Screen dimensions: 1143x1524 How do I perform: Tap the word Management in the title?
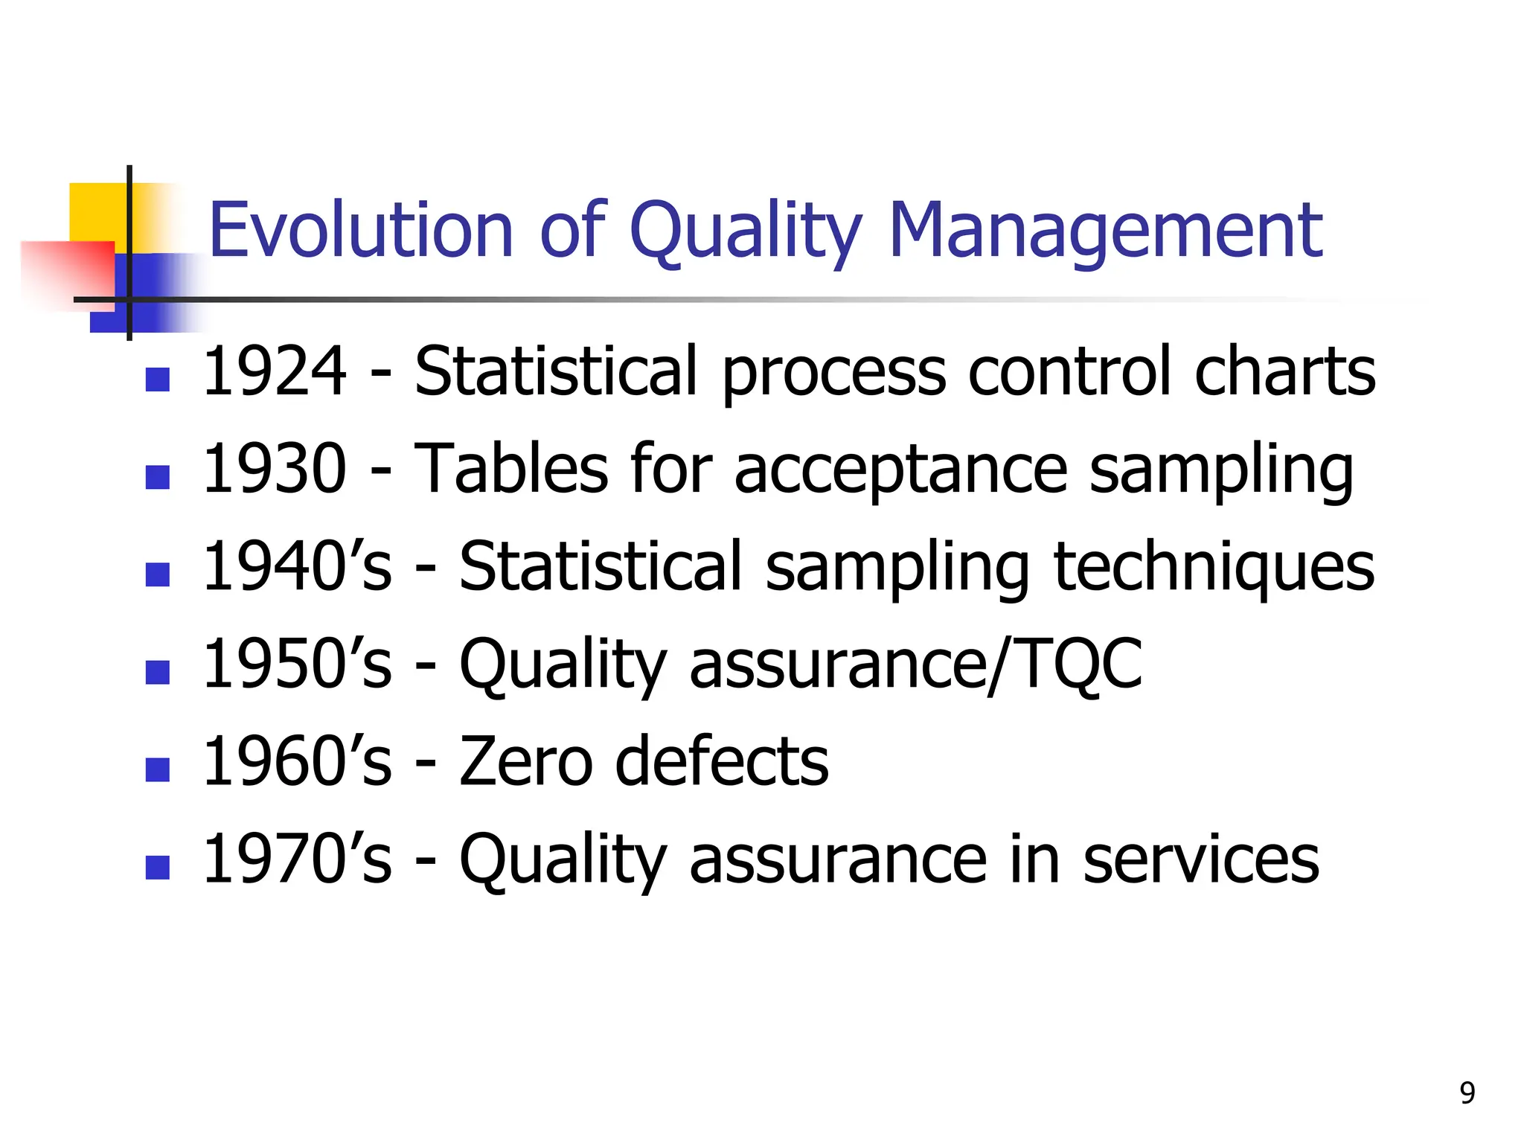pyautogui.click(x=1106, y=231)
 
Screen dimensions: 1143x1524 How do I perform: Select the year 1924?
pyautogui.click(x=274, y=371)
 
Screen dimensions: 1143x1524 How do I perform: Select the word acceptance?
pyautogui.click(x=901, y=470)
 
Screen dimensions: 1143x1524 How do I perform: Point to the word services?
pyautogui.click(x=1201, y=859)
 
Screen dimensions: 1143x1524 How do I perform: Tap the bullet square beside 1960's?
pyautogui.click(x=158, y=769)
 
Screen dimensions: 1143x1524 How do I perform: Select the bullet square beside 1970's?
pyautogui.click(x=158, y=868)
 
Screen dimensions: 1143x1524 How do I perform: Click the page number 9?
pyautogui.click(x=1467, y=1093)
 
